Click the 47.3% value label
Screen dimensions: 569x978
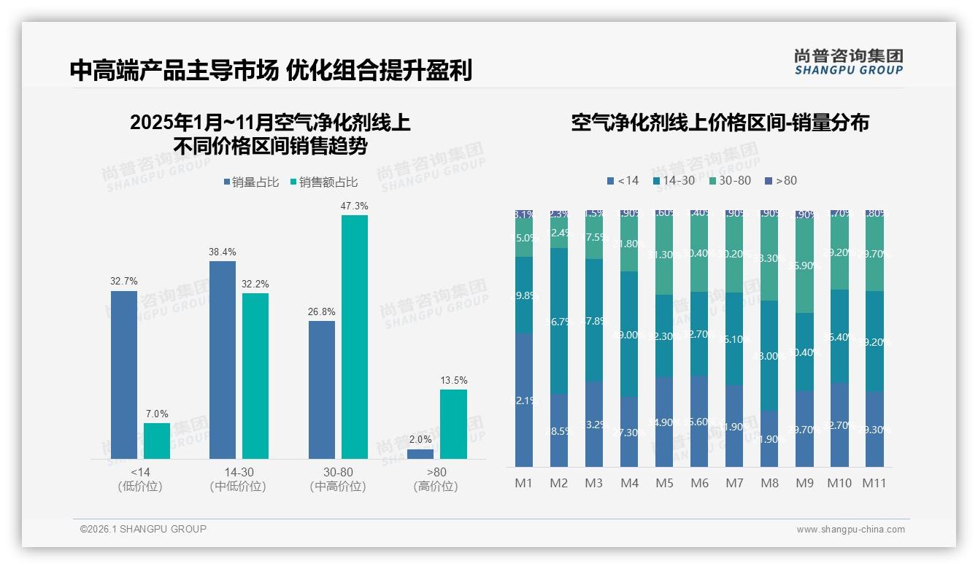coord(354,206)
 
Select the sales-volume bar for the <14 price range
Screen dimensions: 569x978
coord(124,374)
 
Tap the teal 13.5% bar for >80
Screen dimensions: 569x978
coord(453,424)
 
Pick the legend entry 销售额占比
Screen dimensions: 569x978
coord(323,182)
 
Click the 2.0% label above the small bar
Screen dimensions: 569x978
coord(420,440)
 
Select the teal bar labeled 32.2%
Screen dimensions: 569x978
coord(255,376)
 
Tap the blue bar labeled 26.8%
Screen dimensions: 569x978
coord(322,390)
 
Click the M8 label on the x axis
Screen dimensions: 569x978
coord(770,483)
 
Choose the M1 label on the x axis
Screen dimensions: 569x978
coord(524,483)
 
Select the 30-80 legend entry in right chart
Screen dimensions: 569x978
coord(730,180)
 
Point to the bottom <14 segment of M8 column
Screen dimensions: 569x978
coord(770,438)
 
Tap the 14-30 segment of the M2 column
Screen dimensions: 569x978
coord(559,321)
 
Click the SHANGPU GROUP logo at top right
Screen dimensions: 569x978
coord(848,62)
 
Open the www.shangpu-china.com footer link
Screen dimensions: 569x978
coord(850,530)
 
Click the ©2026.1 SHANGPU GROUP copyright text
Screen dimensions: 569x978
coord(143,529)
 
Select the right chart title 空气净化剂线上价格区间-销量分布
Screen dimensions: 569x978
coord(720,123)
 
